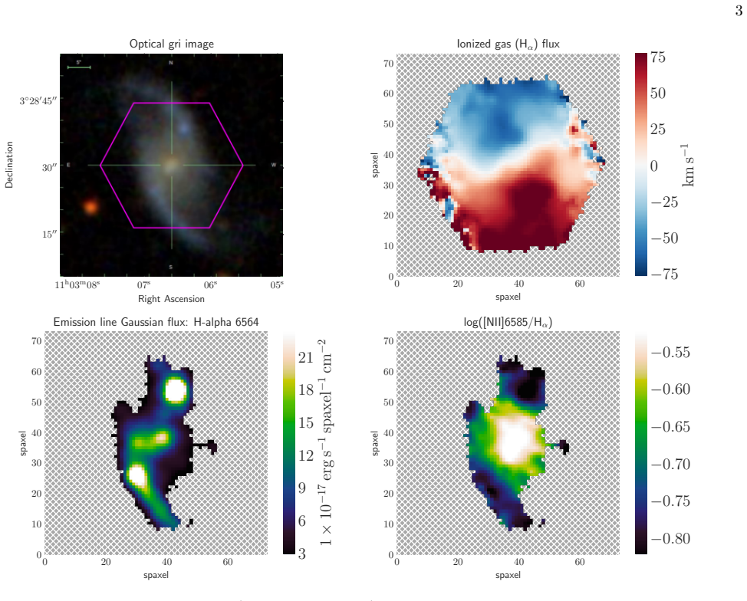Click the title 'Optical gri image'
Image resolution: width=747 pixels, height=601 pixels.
click(x=172, y=44)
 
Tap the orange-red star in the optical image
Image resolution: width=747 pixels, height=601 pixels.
click(x=90, y=207)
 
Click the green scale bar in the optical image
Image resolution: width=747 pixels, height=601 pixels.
click(x=79, y=67)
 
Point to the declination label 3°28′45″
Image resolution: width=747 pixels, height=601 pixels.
click(x=38, y=101)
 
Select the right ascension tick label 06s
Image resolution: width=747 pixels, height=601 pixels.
click(x=211, y=284)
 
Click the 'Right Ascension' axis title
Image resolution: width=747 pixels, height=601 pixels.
click(x=172, y=299)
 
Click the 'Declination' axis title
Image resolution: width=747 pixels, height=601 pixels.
click(x=9, y=165)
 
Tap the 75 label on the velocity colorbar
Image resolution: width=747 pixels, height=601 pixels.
click(x=658, y=57)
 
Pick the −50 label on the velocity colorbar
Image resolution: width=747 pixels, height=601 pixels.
click(x=664, y=238)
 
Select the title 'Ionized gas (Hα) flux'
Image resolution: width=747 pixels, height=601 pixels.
click(x=508, y=44)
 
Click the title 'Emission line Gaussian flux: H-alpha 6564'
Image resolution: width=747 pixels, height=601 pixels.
click(x=156, y=322)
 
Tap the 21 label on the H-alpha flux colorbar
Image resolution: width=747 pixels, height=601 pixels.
click(x=306, y=357)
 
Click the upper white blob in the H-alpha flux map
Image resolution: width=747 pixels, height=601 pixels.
click(x=176, y=390)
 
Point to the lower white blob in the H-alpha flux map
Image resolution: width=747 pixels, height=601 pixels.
click(x=137, y=475)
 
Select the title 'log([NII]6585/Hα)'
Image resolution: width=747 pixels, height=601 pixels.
click(x=508, y=323)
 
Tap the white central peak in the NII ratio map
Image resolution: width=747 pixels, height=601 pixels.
click(x=512, y=441)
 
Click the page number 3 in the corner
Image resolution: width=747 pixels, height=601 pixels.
click(x=739, y=11)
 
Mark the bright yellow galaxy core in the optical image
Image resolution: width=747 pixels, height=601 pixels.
click(x=171, y=166)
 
